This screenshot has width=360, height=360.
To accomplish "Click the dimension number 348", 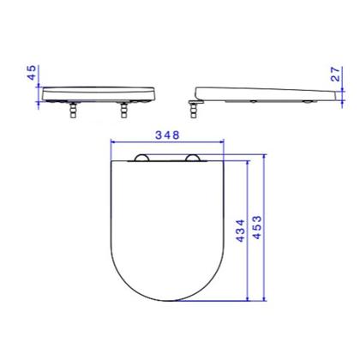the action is click(167, 135).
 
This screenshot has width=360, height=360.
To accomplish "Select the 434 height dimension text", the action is click(241, 231).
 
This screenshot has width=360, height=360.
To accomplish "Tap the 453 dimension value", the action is click(257, 227).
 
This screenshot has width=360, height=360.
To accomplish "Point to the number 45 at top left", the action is click(32, 73).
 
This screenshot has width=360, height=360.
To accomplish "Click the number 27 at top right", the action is click(336, 74).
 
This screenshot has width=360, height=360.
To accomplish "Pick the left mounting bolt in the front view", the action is click(74, 111).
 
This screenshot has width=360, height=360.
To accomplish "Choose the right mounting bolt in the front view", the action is click(123, 111).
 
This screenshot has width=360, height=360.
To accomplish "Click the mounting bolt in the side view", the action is click(194, 111).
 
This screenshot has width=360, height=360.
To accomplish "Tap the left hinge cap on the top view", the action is click(141, 158).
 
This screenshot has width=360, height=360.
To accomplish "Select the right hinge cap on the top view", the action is click(193, 158).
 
